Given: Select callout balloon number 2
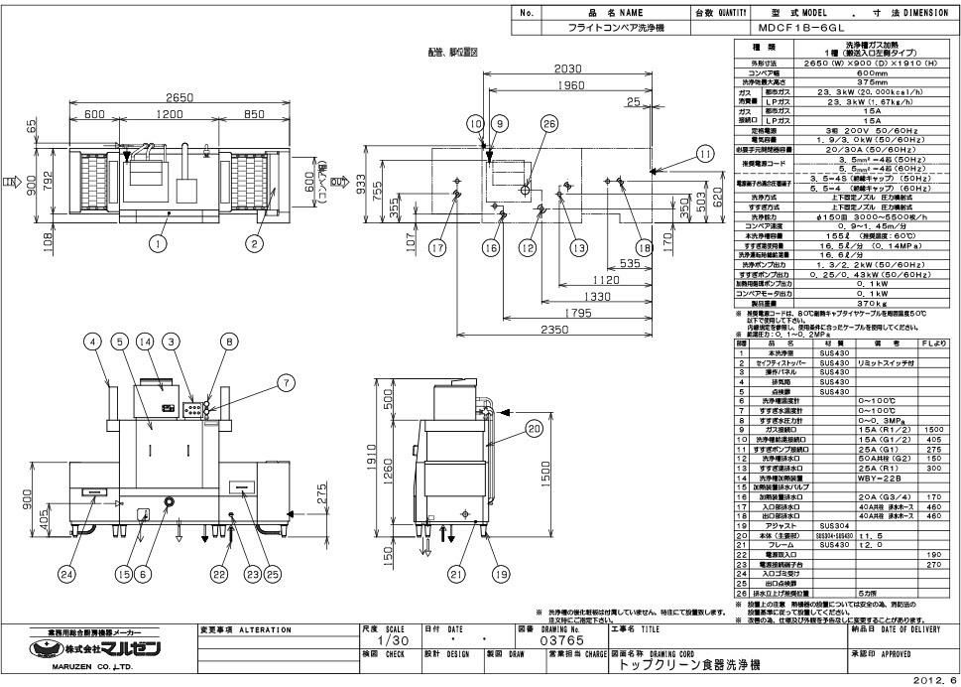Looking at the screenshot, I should pos(254,241).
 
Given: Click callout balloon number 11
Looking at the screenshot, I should pos(704,154).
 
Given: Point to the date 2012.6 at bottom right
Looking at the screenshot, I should pos(938,681).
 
